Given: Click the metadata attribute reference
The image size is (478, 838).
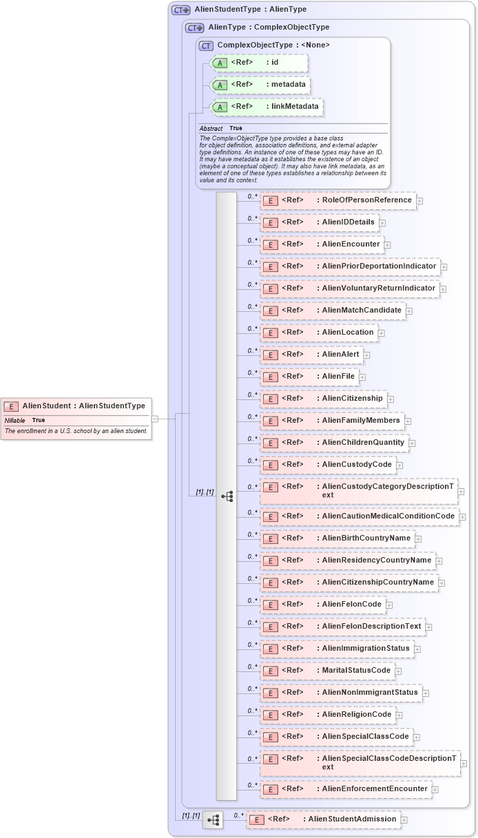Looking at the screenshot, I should pos(260,85).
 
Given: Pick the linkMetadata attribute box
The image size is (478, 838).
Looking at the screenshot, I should pos(267,107).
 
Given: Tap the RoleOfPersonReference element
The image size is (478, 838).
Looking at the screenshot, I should pos(337,200).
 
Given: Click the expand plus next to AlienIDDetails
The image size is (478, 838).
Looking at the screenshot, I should pos(382,222).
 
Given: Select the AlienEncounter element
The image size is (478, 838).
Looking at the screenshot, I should pos(322,244).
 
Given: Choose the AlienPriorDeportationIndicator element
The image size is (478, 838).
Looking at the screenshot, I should pos(350,266).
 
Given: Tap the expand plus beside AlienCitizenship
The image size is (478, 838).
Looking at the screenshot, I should pos(390,399).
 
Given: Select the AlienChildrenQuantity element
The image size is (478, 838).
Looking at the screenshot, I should pos(334,442).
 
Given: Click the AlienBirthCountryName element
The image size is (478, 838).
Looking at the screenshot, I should pos(337,538).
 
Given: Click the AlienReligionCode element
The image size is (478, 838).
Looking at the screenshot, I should pos(328,715).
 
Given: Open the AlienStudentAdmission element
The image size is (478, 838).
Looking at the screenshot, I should pos(323,819).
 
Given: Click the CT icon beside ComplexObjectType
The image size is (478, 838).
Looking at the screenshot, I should pos(206,45).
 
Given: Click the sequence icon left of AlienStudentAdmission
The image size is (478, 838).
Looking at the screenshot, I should pos(213,819).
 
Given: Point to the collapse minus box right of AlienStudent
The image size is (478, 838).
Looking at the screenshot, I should pos(155,418).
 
